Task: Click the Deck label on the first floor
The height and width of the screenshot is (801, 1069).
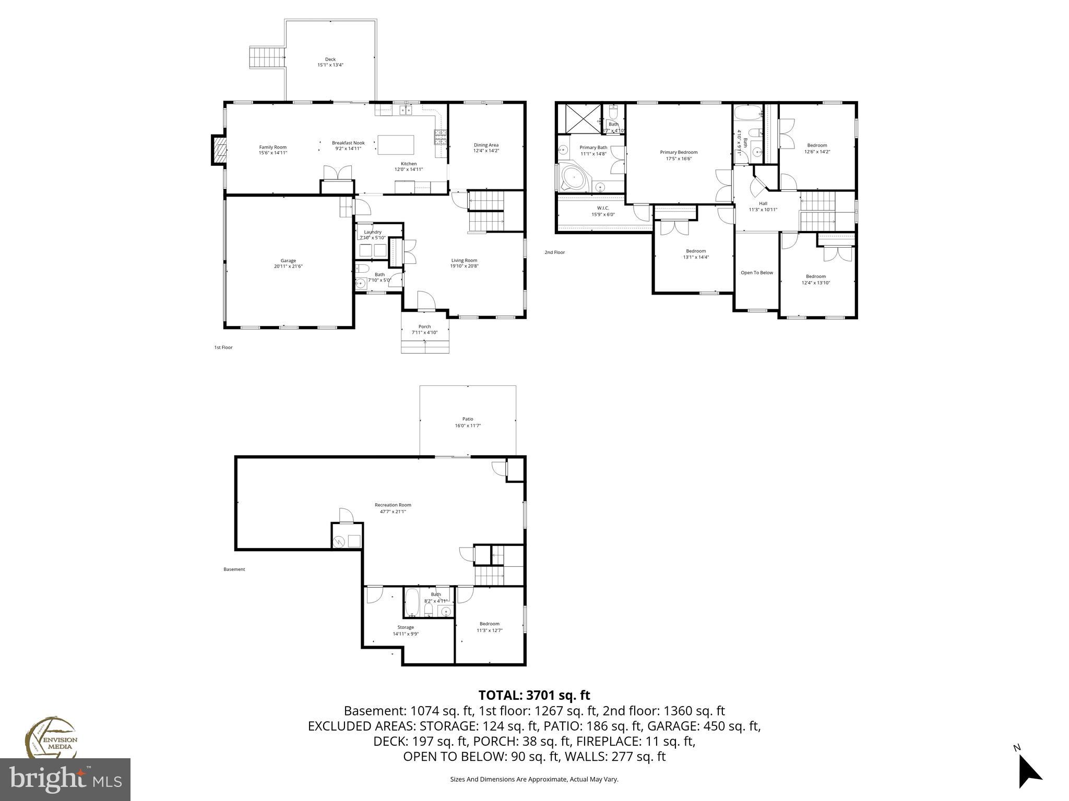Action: [330, 59]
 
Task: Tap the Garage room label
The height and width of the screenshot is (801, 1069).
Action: [288, 261]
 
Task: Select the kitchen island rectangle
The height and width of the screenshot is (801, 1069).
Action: [396, 145]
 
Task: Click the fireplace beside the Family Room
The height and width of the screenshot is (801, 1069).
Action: [219, 151]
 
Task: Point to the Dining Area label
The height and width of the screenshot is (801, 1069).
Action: [486, 145]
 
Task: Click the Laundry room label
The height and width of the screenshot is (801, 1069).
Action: [373, 232]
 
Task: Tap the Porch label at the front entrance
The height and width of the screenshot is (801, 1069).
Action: [424, 327]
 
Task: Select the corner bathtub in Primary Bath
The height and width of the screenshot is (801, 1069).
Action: [573, 178]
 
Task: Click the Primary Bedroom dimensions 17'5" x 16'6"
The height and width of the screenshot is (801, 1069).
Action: [679, 159]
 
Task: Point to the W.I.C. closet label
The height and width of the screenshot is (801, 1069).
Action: [603, 208]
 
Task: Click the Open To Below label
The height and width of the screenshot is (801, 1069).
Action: [757, 273]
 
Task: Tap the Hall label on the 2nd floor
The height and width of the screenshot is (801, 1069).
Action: [763, 203]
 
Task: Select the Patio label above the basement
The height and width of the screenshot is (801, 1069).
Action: [468, 419]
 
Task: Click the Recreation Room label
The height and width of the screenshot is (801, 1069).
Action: [393, 505]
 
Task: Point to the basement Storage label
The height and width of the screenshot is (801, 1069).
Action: [406, 627]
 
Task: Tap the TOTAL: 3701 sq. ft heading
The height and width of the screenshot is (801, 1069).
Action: [534, 695]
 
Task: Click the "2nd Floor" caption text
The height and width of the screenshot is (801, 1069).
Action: [554, 252]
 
